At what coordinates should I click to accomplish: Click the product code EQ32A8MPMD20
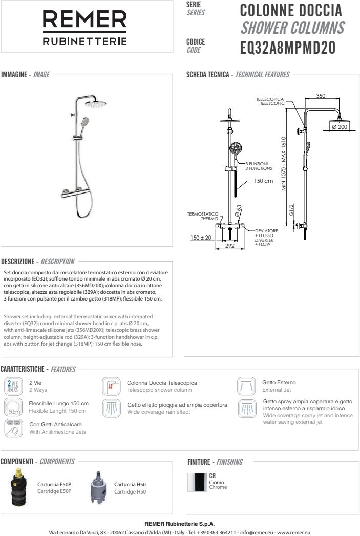(x=287, y=48)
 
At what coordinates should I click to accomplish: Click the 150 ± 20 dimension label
(x=201, y=238)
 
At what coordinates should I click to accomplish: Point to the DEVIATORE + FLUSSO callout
(x=266, y=231)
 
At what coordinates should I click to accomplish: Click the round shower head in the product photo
(x=95, y=104)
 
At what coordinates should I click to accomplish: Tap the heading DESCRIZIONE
(x=19, y=262)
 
